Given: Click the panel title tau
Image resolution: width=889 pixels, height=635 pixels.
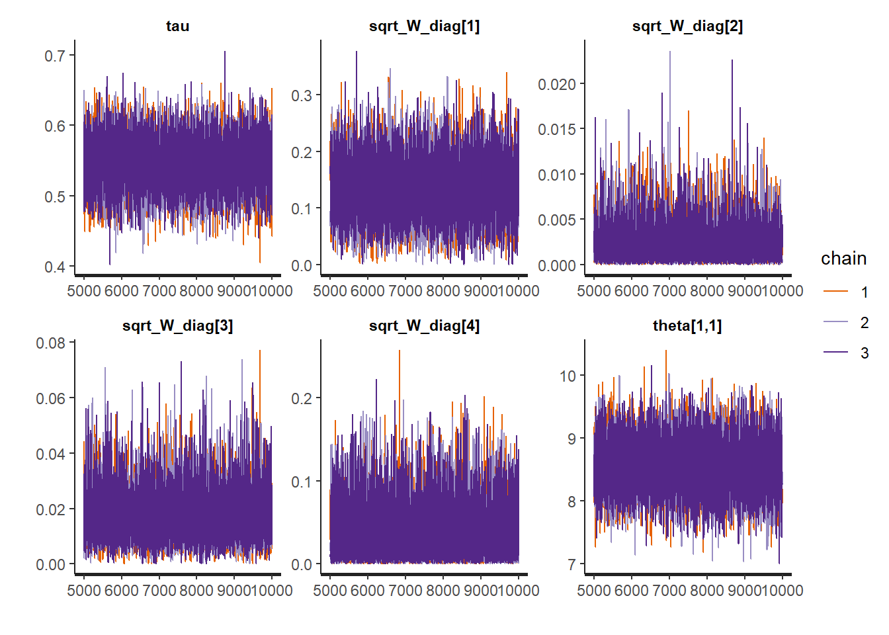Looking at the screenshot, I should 177,26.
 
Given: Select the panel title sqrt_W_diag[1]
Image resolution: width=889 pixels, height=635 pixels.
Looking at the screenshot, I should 424,26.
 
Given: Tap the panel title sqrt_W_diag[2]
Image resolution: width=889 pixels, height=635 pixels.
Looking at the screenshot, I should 687,26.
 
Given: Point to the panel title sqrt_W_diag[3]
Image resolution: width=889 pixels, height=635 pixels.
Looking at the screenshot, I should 177,325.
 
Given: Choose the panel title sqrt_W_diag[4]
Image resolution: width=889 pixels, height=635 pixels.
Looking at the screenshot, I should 424,325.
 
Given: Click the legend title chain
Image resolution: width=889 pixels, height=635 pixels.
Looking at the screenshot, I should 843,259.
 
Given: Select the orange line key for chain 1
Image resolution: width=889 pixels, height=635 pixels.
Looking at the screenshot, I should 835,292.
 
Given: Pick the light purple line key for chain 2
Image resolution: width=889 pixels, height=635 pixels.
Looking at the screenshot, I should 835,322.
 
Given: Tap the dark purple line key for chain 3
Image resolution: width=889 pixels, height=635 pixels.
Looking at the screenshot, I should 835,353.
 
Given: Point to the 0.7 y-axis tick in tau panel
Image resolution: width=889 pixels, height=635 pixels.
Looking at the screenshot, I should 55,56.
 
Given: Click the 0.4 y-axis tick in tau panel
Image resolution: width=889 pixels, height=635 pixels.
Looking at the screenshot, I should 55,267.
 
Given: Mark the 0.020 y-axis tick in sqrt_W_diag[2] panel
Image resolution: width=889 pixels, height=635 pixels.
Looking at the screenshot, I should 556,85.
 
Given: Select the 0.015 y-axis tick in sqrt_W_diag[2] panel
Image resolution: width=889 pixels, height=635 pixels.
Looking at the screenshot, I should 556,130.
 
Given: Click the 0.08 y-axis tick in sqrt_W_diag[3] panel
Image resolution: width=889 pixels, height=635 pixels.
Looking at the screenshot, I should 51,343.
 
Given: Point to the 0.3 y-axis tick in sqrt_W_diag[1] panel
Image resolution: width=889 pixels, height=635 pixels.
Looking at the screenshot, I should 302,96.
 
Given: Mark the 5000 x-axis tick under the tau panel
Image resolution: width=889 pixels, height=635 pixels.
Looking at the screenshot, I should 84,291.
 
